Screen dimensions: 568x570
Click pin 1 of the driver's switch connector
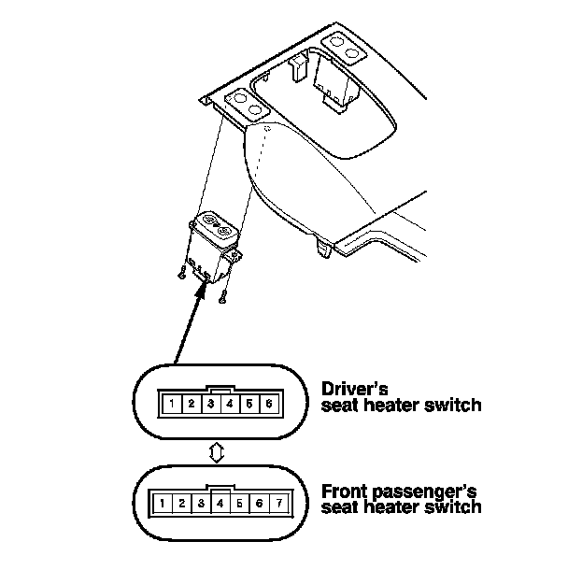click(x=171, y=405)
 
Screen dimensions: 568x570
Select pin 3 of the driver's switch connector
click(x=210, y=405)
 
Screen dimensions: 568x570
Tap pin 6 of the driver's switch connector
click(x=269, y=405)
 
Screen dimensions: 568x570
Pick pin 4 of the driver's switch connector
click(x=230, y=405)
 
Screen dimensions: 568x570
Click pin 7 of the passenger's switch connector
click(x=278, y=503)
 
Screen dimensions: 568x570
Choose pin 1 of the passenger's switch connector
click(x=162, y=503)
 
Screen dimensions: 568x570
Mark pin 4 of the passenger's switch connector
click(x=220, y=503)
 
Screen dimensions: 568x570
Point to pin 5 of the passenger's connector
click(x=240, y=503)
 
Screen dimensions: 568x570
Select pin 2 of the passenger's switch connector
click(x=181, y=503)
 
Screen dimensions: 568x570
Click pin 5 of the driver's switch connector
click(x=249, y=405)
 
